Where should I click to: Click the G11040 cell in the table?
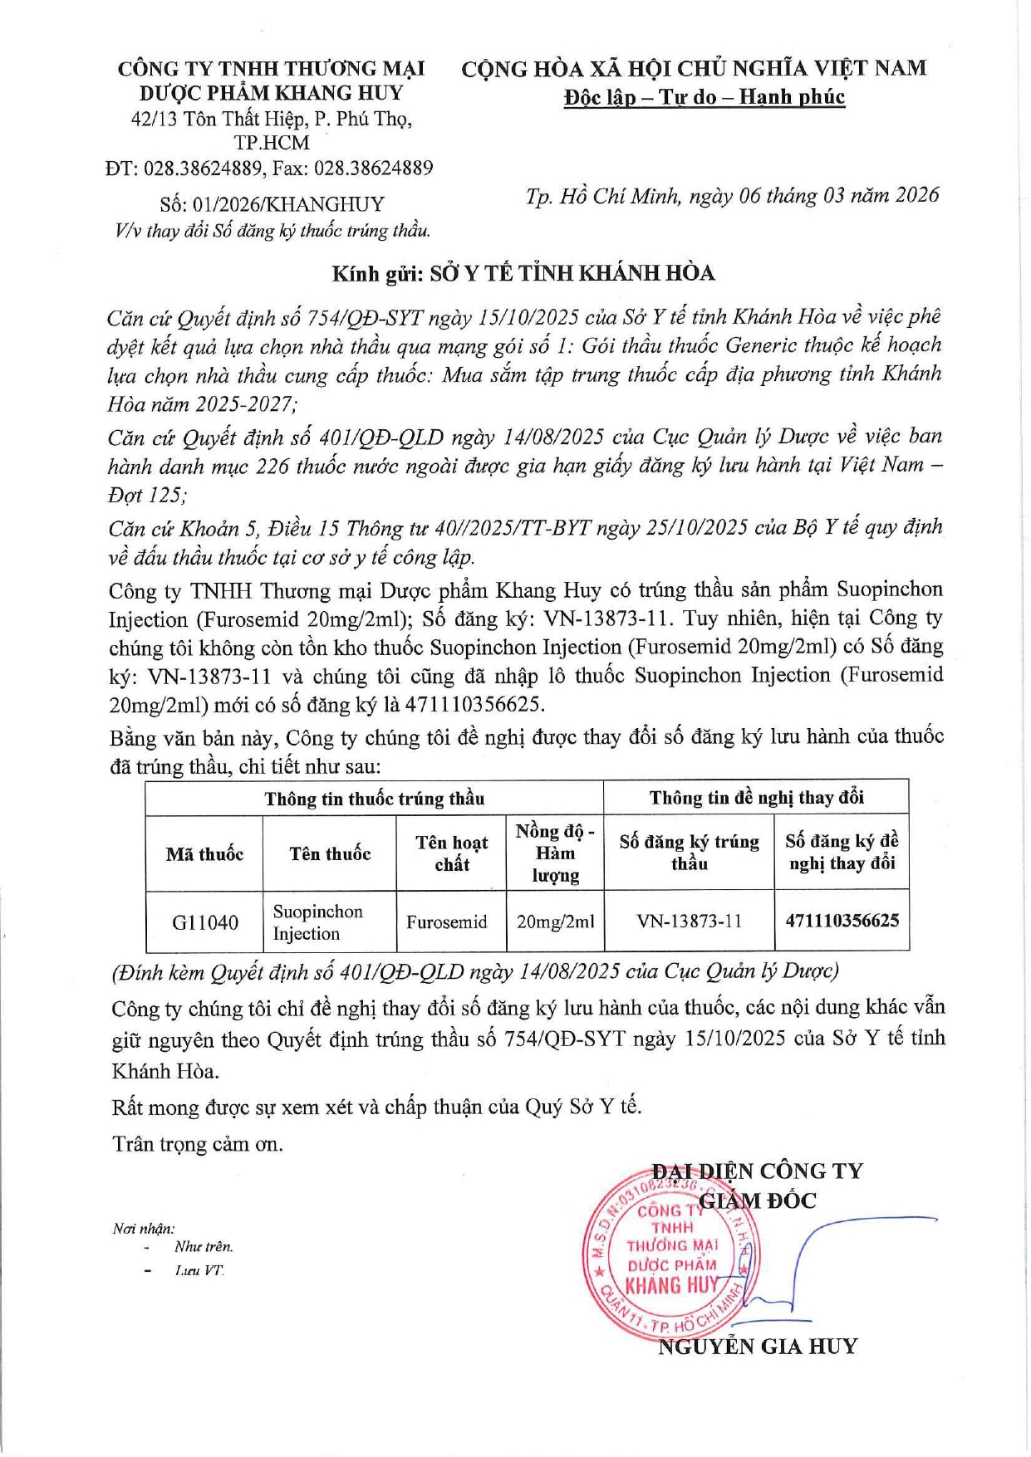(x=204, y=922)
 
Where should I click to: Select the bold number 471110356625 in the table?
(x=842, y=921)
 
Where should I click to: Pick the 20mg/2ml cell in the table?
(x=555, y=922)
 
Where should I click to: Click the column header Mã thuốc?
(x=204, y=854)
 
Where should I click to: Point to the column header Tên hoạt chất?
(x=451, y=853)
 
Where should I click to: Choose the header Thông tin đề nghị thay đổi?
(x=756, y=798)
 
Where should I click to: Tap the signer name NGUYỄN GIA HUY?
(x=757, y=1347)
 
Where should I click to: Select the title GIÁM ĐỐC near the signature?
(x=758, y=1200)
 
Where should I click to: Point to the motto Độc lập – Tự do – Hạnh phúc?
(x=704, y=97)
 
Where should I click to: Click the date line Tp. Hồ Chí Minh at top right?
(x=732, y=196)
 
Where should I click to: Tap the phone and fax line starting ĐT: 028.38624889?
(x=269, y=169)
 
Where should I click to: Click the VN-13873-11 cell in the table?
(x=689, y=922)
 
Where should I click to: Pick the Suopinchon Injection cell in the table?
(x=318, y=922)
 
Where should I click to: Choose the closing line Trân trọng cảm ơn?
(x=198, y=1144)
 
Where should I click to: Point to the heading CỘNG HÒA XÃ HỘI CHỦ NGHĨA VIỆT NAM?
(x=694, y=68)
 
